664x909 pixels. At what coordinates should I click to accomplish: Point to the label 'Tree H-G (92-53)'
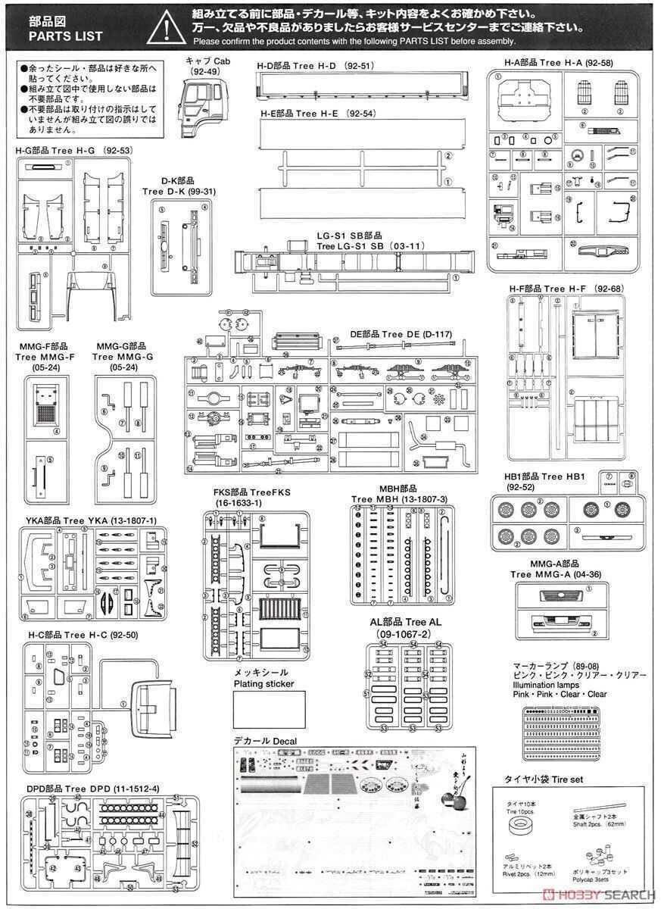[74, 151]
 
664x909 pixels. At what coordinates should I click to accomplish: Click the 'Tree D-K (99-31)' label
[179, 192]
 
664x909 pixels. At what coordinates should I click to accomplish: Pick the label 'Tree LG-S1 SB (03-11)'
[370, 246]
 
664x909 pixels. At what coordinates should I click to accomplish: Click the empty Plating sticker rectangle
[270, 709]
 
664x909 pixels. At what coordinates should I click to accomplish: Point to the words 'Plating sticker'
[263, 683]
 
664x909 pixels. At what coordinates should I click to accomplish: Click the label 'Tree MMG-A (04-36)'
[556, 573]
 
